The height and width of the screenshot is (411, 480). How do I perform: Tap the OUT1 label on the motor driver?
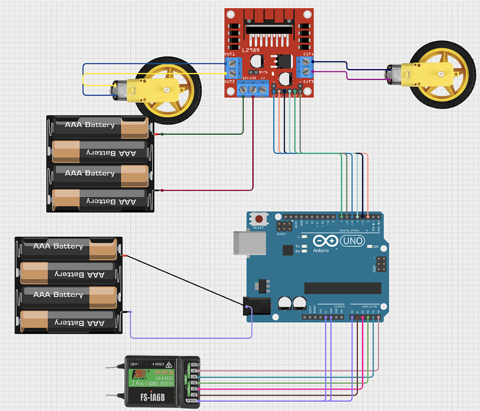[x=230, y=55]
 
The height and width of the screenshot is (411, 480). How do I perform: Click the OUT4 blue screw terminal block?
[x=305, y=68]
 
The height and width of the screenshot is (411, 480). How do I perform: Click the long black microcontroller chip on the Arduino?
[x=342, y=288]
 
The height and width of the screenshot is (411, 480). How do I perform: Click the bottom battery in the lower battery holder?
[x=68, y=323]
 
